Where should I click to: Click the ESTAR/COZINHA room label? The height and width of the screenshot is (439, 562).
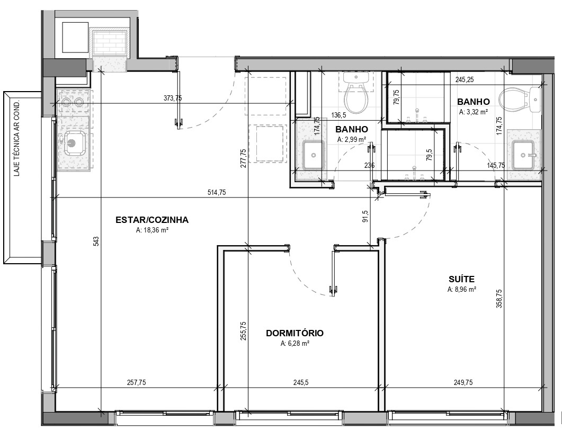(x=152, y=220)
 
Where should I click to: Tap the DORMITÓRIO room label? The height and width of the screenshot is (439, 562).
(x=295, y=333)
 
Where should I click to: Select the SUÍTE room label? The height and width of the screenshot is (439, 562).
(x=462, y=279)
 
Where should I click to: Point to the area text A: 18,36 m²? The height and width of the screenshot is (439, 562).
(x=153, y=230)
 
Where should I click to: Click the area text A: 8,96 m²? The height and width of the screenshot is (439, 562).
(x=462, y=289)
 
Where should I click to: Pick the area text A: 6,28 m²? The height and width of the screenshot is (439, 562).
(x=295, y=343)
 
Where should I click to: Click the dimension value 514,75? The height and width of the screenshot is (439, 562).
(x=217, y=192)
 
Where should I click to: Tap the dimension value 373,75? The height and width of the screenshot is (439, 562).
(x=173, y=98)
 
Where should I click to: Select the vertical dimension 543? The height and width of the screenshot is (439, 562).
(x=96, y=241)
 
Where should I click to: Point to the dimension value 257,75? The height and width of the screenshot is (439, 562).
(x=137, y=383)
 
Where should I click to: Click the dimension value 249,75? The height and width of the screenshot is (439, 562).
(x=463, y=383)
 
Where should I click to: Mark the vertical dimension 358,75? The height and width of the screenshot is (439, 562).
(x=499, y=299)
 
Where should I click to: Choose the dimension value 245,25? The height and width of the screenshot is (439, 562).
(x=465, y=79)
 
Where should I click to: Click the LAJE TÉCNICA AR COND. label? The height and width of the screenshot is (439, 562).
(x=16, y=138)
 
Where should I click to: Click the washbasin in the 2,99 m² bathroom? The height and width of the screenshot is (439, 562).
(x=314, y=155)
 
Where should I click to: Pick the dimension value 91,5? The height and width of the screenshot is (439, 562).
(x=365, y=217)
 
